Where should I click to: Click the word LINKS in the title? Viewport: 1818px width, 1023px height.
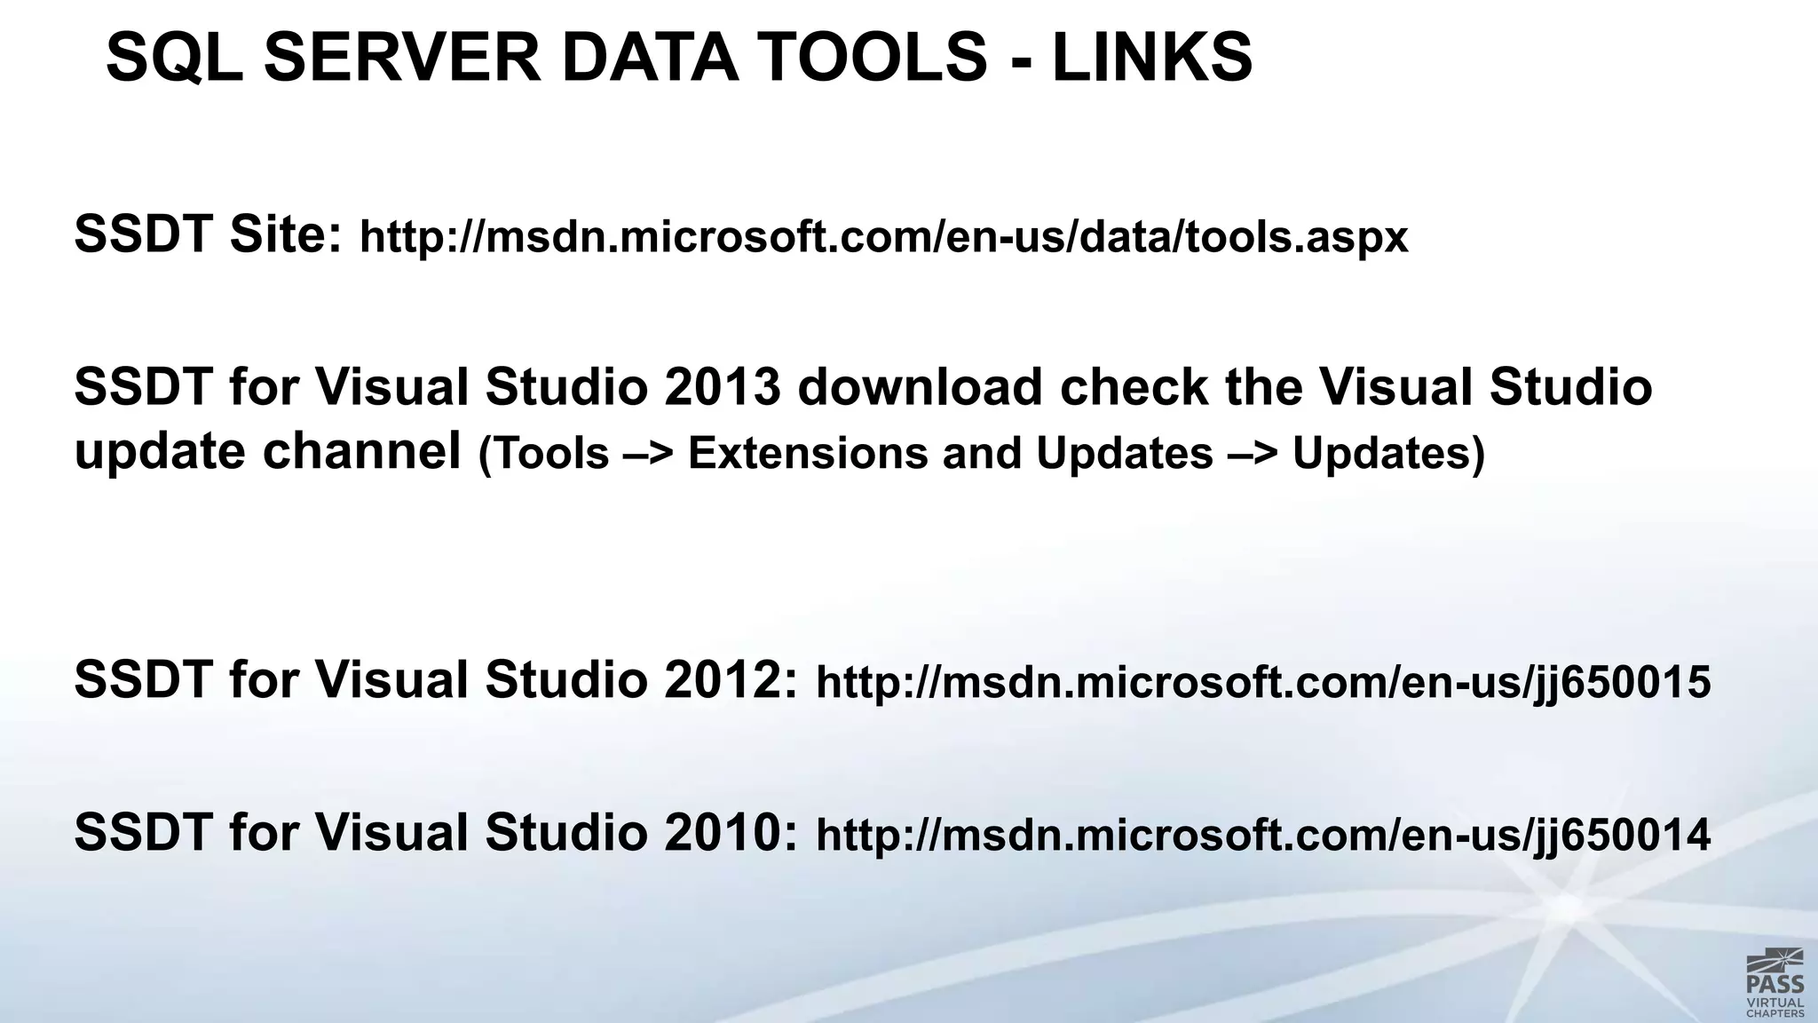pyautogui.click(x=1151, y=58)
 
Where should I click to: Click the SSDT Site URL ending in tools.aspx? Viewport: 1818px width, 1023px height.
pyautogui.click(x=883, y=237)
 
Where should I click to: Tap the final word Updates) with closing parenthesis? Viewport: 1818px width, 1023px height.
pyautogui.click(x=1388, y=454)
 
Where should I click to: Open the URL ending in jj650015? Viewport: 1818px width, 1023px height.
pyautogui.click(x=1262, y=683)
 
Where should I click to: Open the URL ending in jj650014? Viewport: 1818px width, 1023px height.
pyautogui.click(x=1262, y=836)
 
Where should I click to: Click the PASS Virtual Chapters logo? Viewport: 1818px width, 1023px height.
pyautogui.click(x=1775, y=982)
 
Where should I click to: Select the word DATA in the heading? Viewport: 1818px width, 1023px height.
pyautogui.click(x=649, y=58)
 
